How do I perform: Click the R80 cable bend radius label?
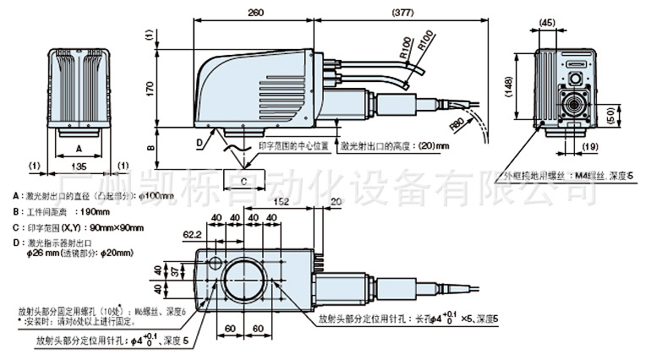coord(457,123)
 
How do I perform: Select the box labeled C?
coord(243,179)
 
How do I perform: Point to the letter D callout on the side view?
coord(200,141)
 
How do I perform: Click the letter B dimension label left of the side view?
coord(150,147)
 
